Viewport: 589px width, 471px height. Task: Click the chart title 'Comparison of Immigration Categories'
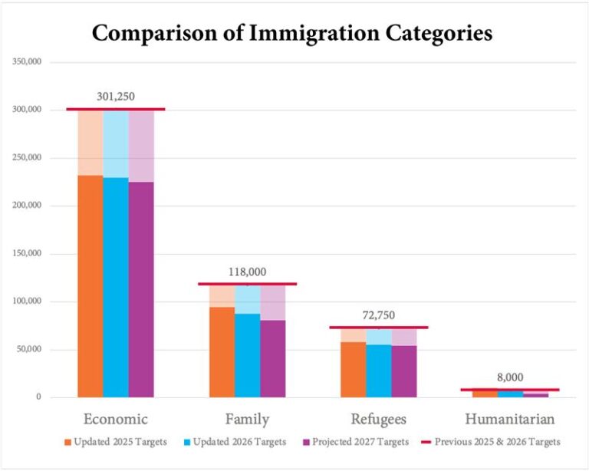pyautogui.click(x=292, y=34)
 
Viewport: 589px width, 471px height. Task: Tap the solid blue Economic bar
pyautogui.click(x=116, y=287)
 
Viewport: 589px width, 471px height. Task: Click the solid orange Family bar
pyautogui.click(x=222, y=351)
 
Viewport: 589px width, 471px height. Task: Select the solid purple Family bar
pyautogui.click(x=272, y=357)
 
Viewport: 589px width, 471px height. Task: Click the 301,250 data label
pyautogui.click(x=117, y=97)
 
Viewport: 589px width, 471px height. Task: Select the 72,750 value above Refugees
pyautogui.click(x=379, y=315)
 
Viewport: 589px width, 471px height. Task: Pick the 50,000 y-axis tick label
pyautogui.click(x=28, y=350)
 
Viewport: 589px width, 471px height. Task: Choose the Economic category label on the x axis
pyautogui.click(x=115, y=419)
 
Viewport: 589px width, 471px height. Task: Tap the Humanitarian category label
pyautogui.click(x=510, y=419)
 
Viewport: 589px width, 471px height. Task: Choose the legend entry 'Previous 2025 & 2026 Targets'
pyautogui.click(x=496, y=442)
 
